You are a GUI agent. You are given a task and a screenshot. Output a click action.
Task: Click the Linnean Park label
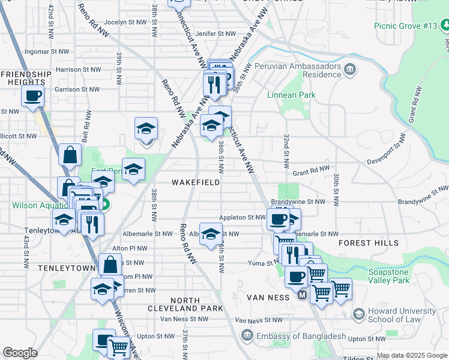coord(291,95)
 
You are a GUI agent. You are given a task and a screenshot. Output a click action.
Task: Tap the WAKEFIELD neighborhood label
coord(195,182)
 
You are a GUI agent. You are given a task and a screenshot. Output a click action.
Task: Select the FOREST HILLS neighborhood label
coord(368,243)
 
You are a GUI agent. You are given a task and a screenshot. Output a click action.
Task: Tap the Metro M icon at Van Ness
coord(302,295)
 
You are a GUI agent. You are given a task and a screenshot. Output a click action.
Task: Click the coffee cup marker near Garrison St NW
coord(32,95)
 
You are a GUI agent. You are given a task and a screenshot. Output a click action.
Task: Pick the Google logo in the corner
coord(20,353)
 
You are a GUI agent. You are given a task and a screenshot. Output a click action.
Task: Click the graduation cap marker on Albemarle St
coord(211,234)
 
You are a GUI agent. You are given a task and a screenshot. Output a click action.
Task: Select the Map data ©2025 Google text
coord(411,355)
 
